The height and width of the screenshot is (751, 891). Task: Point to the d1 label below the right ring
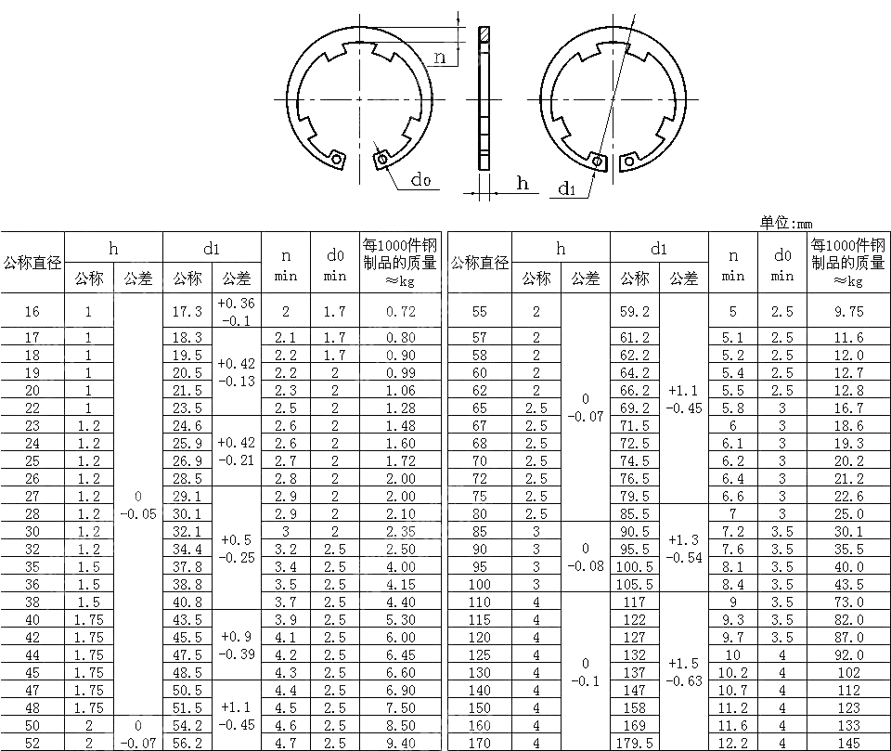coord(567,189)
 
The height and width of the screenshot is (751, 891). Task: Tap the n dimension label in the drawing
coord(440,58)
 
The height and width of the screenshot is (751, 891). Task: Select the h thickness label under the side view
coord(523,184)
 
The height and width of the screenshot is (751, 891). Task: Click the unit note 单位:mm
coord(785,223)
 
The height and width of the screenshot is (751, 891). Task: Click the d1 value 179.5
coord(635,743)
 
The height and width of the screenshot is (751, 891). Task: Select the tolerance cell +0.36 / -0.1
coord(237,312)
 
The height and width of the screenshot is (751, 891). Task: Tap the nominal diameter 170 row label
coord(480,743)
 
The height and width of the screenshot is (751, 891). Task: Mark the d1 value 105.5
coord(635,584)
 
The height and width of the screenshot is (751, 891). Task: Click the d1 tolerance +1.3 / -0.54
coord(684,549)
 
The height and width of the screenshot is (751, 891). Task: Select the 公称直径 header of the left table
coord(32,263)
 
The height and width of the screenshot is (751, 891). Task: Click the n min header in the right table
coord(733,264)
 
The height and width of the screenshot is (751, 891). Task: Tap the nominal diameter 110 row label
coord(480,602)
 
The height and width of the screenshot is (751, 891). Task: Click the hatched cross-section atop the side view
coord(484,34)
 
